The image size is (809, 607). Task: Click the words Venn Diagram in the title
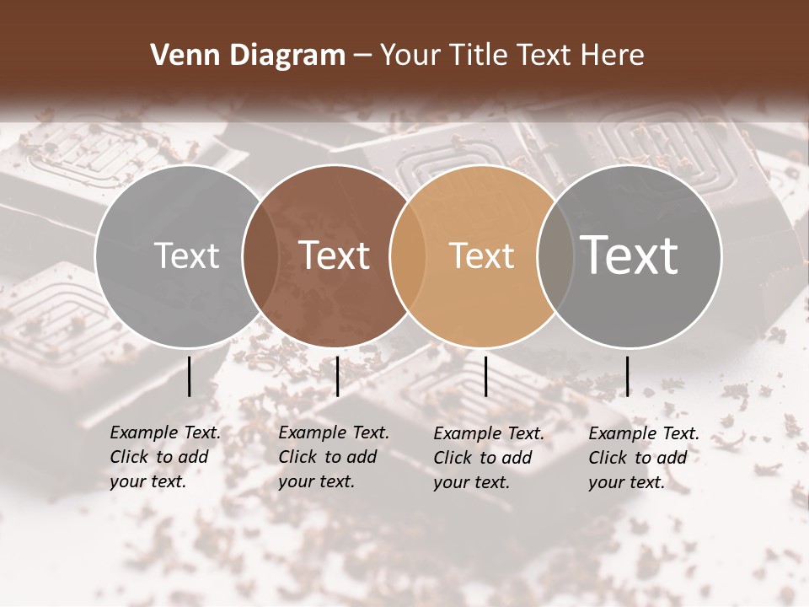coord(248,56)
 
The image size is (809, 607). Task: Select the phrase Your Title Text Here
coord(512,56)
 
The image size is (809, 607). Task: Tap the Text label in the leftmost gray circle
coord(186,255)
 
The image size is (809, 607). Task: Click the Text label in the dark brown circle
coord(335,255)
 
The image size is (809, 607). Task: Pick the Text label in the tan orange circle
coord(481,255)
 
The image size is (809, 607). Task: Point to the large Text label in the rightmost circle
coord(630,255)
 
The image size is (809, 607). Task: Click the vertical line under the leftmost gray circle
coord(190,376)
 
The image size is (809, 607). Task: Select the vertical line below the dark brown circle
coord(337,376)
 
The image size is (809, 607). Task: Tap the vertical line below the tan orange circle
coord(486,376)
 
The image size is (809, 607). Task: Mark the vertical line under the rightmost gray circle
coord(628,376)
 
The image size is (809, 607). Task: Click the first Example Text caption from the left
coord(165,432)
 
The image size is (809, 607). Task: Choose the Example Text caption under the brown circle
coord(334,432)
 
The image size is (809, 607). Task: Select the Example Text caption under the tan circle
coord(489,433)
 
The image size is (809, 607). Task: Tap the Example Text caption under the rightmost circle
coord(644,433)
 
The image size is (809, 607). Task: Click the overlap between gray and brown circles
coord(260,255)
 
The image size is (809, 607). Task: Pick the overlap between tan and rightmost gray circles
coord(555,255)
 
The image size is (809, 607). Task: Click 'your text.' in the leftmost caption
coord(147,482)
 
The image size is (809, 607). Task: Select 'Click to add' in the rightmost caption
coord(638,458)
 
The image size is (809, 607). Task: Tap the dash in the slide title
coord(362,56)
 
